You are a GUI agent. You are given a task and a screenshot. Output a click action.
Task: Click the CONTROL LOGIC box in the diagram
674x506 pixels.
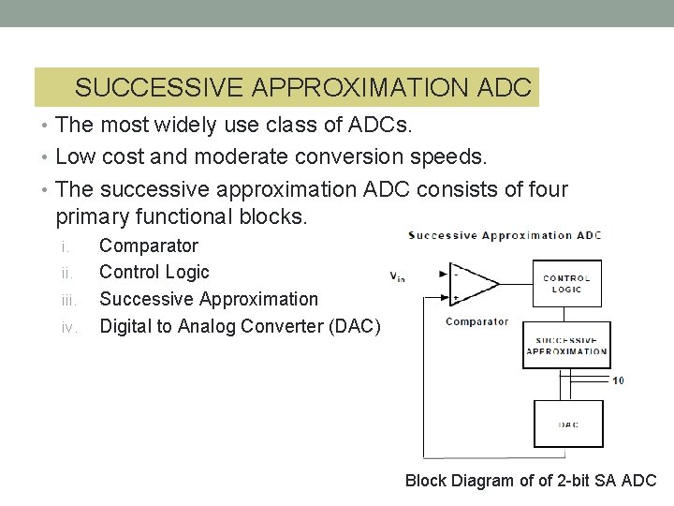(566, 283)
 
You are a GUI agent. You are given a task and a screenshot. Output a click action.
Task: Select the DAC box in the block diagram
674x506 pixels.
(568, 424)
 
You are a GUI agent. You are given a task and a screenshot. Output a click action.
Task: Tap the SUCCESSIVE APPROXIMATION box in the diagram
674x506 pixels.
(566, 346)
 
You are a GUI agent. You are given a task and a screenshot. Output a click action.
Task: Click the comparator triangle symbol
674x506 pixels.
(472, 283)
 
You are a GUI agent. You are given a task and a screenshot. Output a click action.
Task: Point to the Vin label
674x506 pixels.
(398, 275)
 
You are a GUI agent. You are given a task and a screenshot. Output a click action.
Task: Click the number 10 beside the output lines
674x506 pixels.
(618, 380)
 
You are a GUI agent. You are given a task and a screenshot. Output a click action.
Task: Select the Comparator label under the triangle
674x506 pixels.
(477, 321)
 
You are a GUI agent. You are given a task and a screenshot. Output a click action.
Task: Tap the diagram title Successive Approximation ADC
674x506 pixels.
(505, 235)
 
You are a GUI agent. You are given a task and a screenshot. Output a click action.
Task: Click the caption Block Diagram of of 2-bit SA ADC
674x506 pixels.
(531, 481)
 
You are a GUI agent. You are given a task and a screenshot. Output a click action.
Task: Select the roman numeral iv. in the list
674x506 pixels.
(68, 326)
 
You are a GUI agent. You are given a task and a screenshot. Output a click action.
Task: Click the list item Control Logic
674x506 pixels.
(154, 272)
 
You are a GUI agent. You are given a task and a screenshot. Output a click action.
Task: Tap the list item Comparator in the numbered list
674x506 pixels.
(149, 246)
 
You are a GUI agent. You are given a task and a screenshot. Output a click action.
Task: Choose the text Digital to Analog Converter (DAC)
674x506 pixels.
(240, 326)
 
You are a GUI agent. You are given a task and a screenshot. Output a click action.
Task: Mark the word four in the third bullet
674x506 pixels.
(546, 189)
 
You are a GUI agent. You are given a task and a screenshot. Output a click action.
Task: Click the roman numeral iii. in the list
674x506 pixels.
(68, 300)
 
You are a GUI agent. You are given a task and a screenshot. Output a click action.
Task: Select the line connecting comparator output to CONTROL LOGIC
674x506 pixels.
(515, 283)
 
